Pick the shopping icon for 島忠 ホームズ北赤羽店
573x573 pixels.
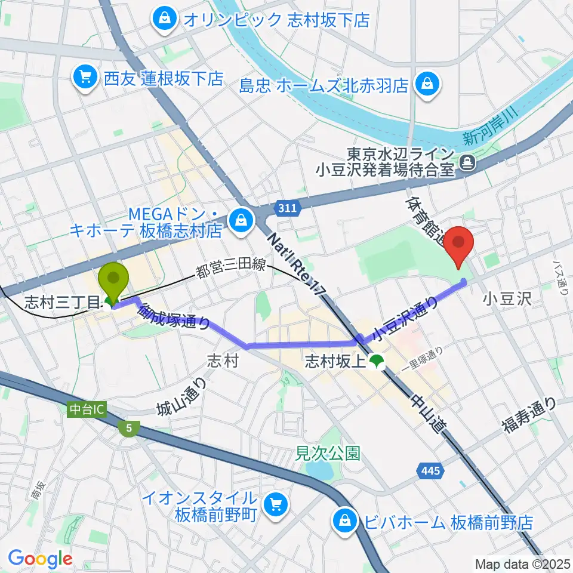pos(428,84)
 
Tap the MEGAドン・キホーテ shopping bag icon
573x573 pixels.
pos(242,220)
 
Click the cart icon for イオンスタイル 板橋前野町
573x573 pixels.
pos(276,506)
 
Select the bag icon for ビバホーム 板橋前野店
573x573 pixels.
pos(346,519)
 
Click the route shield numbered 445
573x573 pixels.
pos(430,472)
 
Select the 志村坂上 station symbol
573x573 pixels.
pos(376,361)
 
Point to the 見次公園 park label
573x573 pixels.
pos(328,453)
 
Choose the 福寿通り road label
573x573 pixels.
pos(529,415)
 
